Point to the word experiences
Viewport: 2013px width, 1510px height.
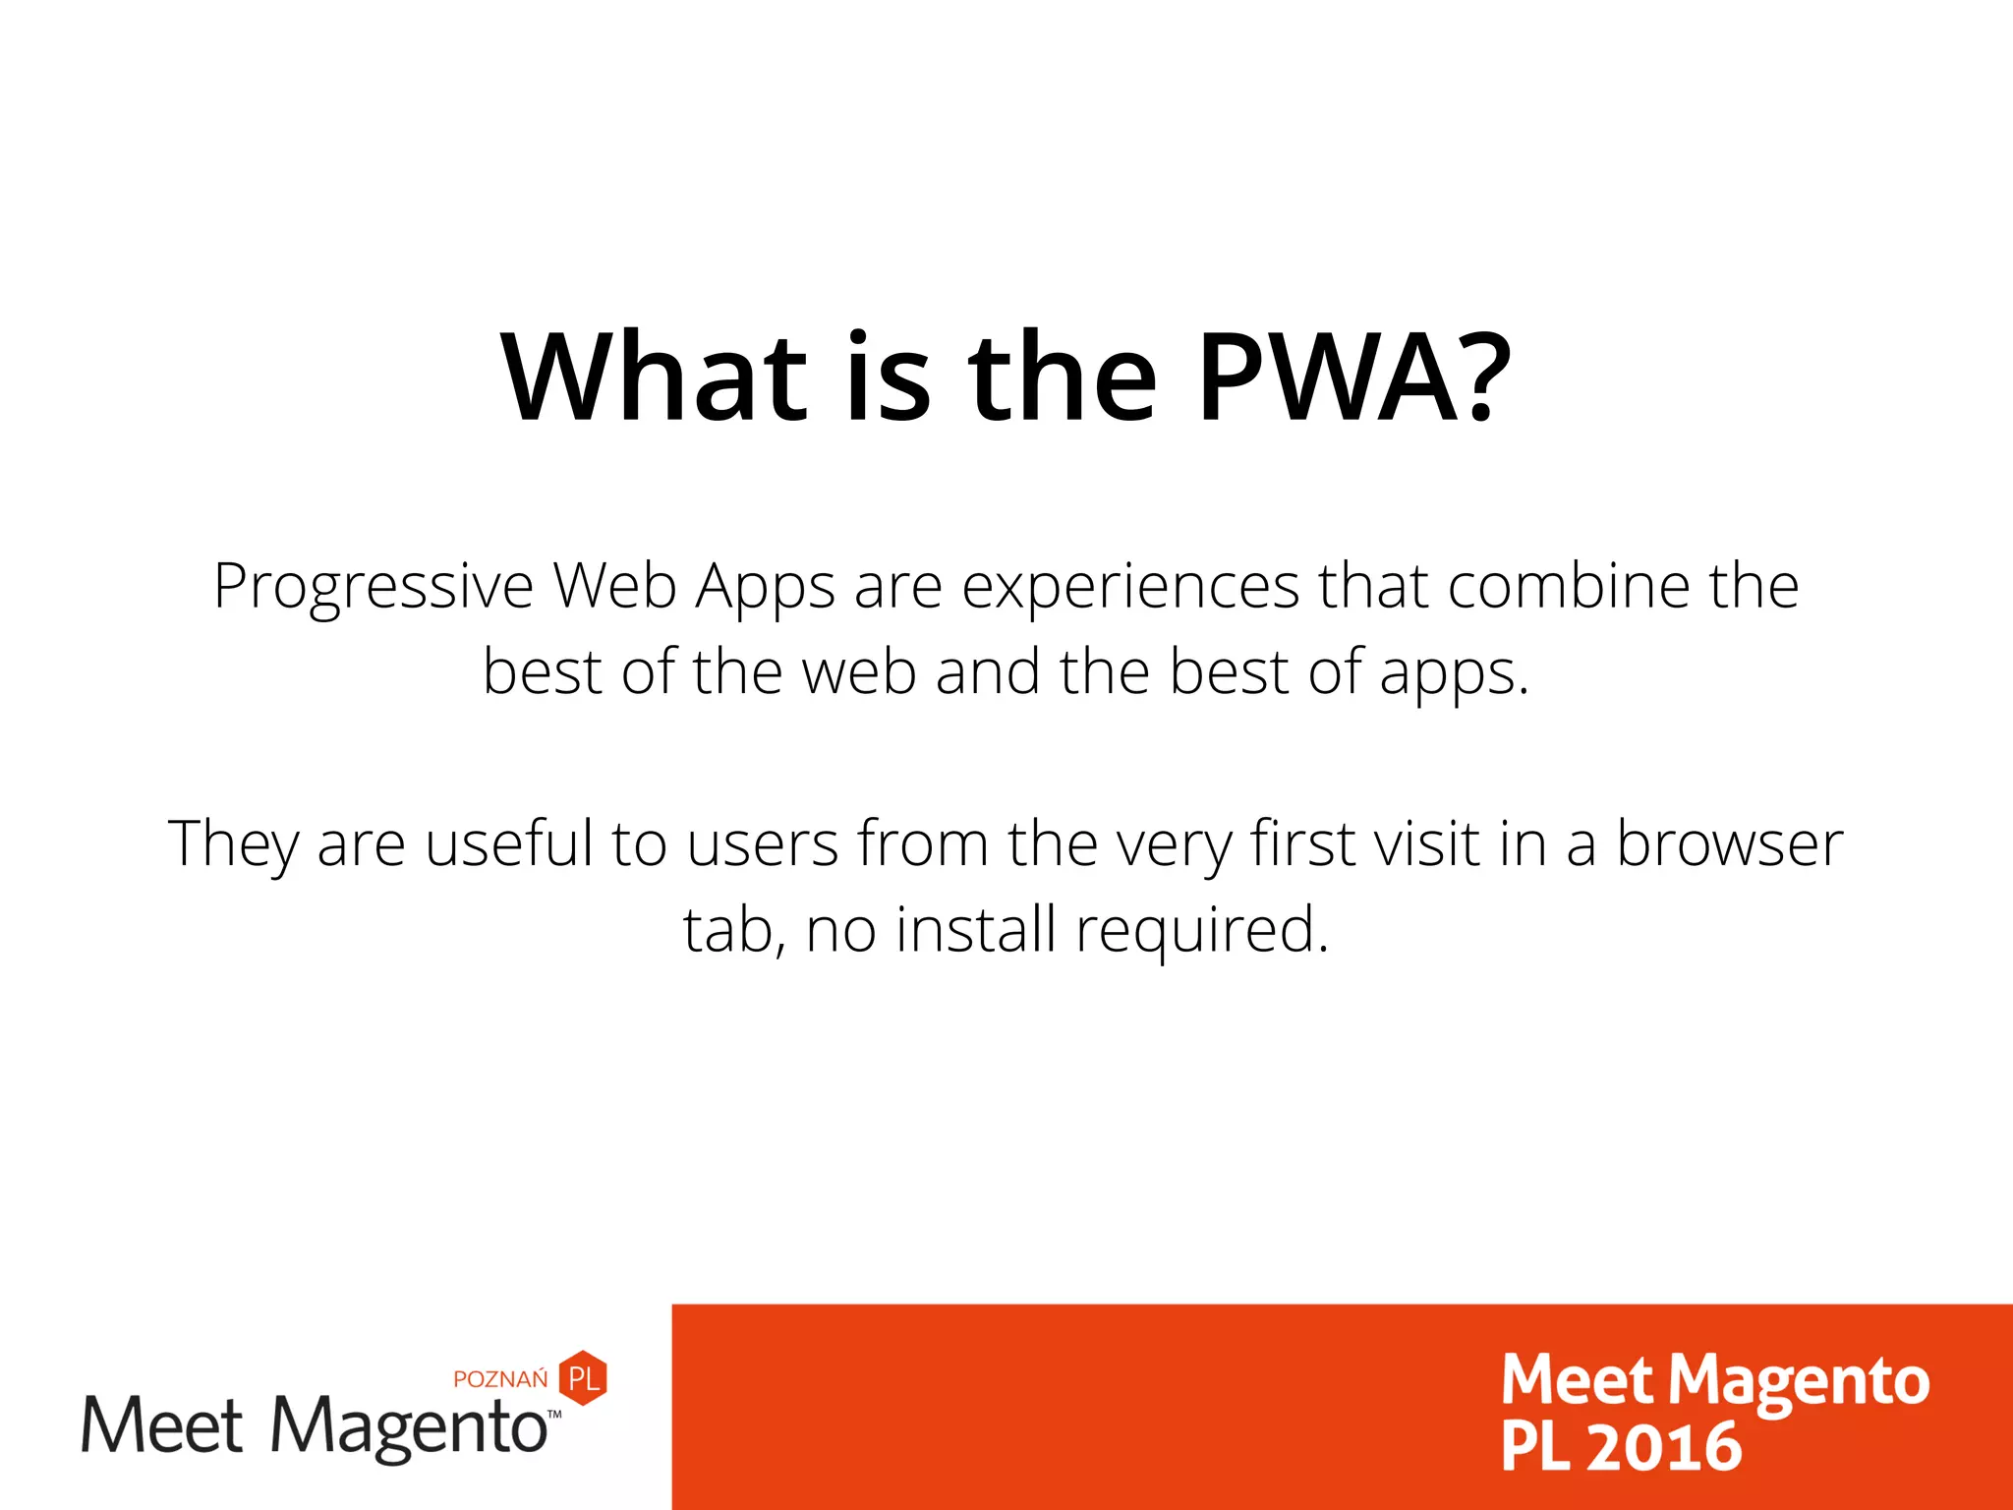tap(1130, 588)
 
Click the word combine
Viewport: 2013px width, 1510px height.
tap(1569, 586)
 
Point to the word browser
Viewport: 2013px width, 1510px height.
tap(1730, 843)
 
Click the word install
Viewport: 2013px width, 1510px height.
tap(976, 929)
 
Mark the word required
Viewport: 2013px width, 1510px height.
tap(1201, 931)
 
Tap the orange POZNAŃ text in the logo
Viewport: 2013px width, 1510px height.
tap(500, 1378)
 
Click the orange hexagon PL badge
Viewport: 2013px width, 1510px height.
tap(583, 1377)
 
